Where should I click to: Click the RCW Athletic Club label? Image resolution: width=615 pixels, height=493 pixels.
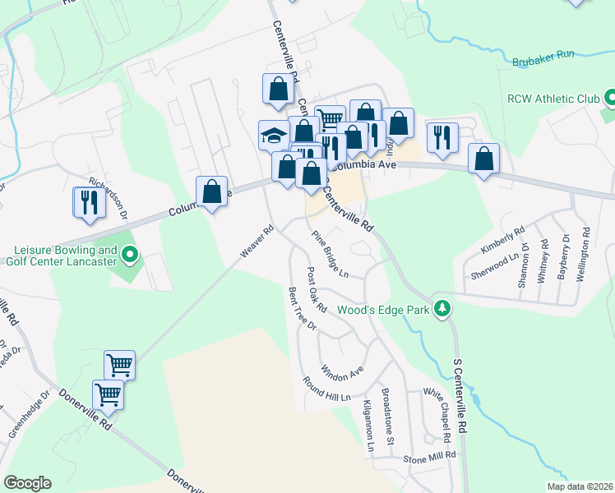553,99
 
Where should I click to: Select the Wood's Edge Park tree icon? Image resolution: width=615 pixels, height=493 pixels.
443,307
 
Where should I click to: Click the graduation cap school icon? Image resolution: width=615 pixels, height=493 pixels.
273,134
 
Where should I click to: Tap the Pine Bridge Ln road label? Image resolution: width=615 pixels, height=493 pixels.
330,253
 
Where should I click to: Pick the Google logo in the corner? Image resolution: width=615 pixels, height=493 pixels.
27,483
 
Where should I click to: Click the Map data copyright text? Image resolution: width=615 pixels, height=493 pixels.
579,486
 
